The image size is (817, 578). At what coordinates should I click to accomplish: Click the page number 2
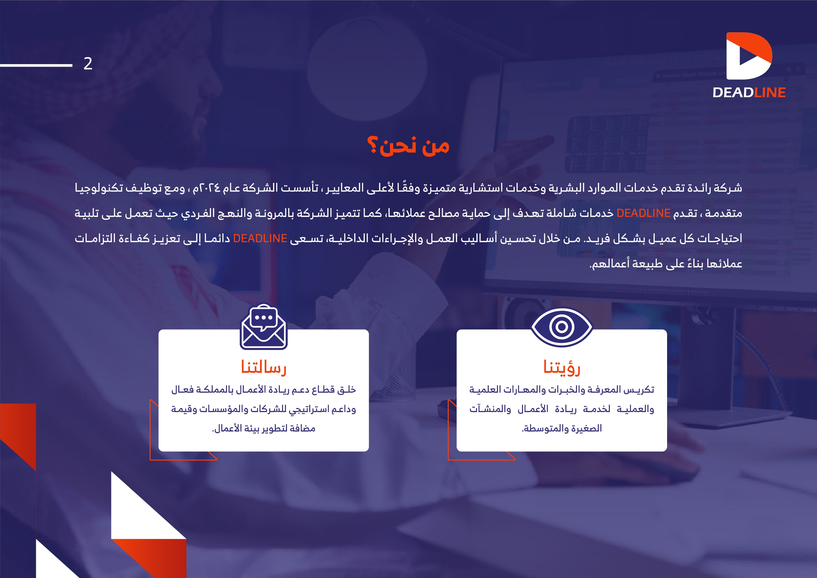pos(88,64)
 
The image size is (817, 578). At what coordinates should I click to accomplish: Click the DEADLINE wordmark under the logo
pos(749,92)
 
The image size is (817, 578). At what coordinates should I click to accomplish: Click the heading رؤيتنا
pos(562,367)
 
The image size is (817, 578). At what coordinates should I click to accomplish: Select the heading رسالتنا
pos(264,367)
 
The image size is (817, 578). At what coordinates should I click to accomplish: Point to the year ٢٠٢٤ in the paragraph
pos(211,188)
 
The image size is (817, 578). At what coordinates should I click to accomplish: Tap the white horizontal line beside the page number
pos(36,65)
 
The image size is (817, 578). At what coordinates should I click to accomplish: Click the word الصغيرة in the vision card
pos(586,428)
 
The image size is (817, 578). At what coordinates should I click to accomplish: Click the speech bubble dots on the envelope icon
pos(264,317)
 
